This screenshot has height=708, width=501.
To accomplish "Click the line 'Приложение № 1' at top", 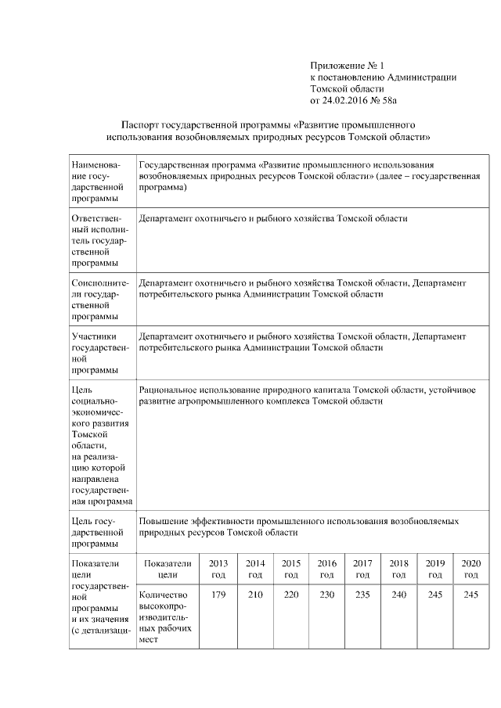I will pyautogui.click(x=348, y=66).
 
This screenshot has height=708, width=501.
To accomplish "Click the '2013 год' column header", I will pyautogui.click(x=219, y=569).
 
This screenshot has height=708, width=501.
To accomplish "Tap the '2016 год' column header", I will pyautogui.click(x=326, y=569).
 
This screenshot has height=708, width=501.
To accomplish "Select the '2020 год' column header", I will pyautogui.click(x=470, y=569).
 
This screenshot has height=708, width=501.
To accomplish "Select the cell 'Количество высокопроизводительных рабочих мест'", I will pyautogui.click(x=163, y=616).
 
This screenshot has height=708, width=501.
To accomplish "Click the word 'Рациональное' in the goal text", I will pyautogui.click(x=169, y=389).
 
